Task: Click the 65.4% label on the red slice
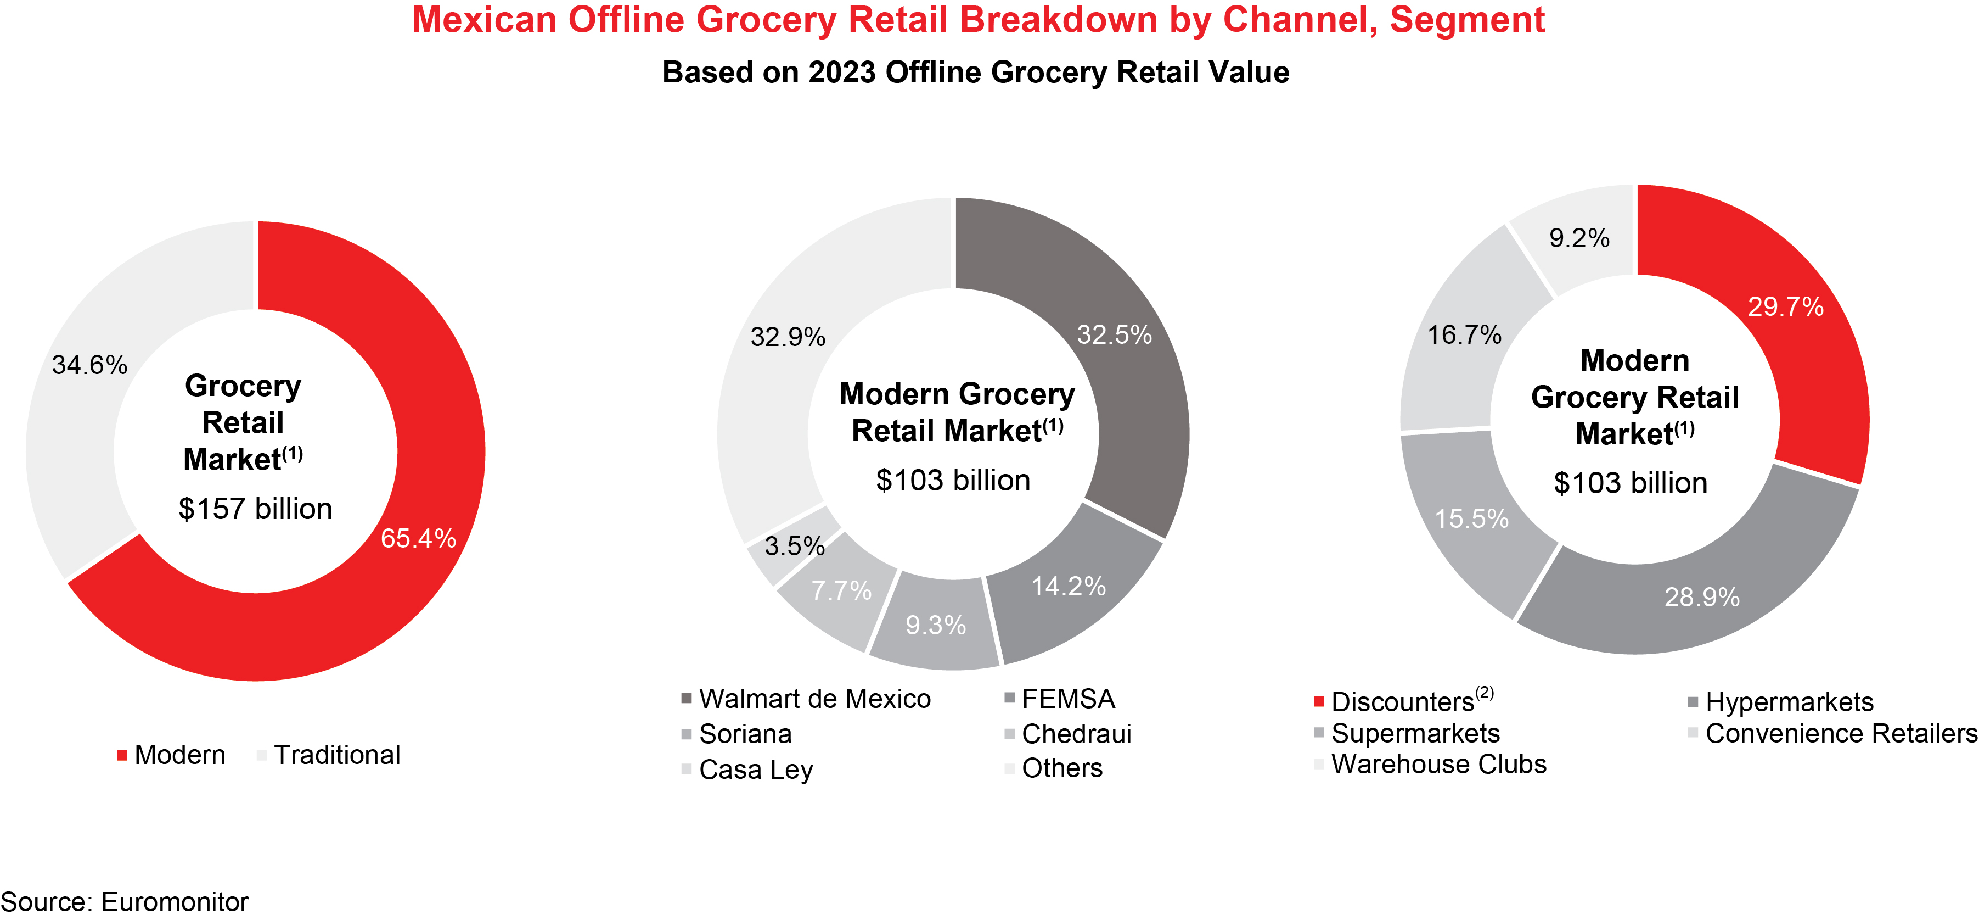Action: pos(418,538)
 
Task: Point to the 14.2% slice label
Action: pos(1068,587)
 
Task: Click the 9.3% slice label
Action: pos(935,625)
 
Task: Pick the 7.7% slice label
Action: pos(841,590)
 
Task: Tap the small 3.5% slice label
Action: pos(794,546)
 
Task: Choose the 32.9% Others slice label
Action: pos(788,337)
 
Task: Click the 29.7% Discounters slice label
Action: pos(1785,306)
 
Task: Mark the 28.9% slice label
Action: pos(1702,597)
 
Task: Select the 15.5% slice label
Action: pos(1471,519)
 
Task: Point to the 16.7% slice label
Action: pos(1464,334)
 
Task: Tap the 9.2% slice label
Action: pos(1579,238)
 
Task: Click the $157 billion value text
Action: pos(255,509)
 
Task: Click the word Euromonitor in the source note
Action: pos(175,901)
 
